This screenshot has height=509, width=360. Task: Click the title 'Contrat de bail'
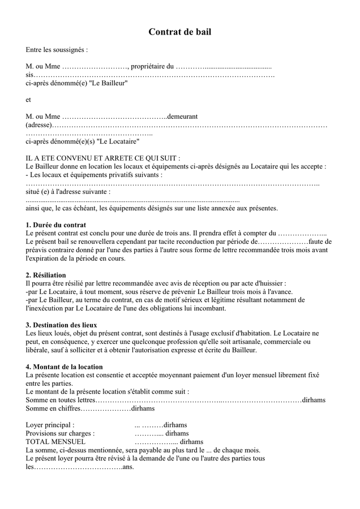[x=179, y=32]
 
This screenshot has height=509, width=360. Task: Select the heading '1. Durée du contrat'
[x=56, y=225]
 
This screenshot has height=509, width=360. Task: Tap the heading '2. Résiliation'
[x=46, y=275]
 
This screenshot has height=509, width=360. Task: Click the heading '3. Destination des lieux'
[x=62, y=325]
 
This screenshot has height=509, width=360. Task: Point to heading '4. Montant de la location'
[x=65, y=366]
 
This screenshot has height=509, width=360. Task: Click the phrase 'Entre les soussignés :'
[x=57, y=50]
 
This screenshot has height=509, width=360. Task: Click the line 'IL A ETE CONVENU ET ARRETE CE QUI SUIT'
[x=103, y=158]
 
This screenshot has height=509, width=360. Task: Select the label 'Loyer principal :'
[x=50, y=425]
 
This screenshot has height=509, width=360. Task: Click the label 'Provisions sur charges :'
[x=60, y=433]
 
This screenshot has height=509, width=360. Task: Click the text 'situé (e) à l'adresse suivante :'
[x=68, y=192]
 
